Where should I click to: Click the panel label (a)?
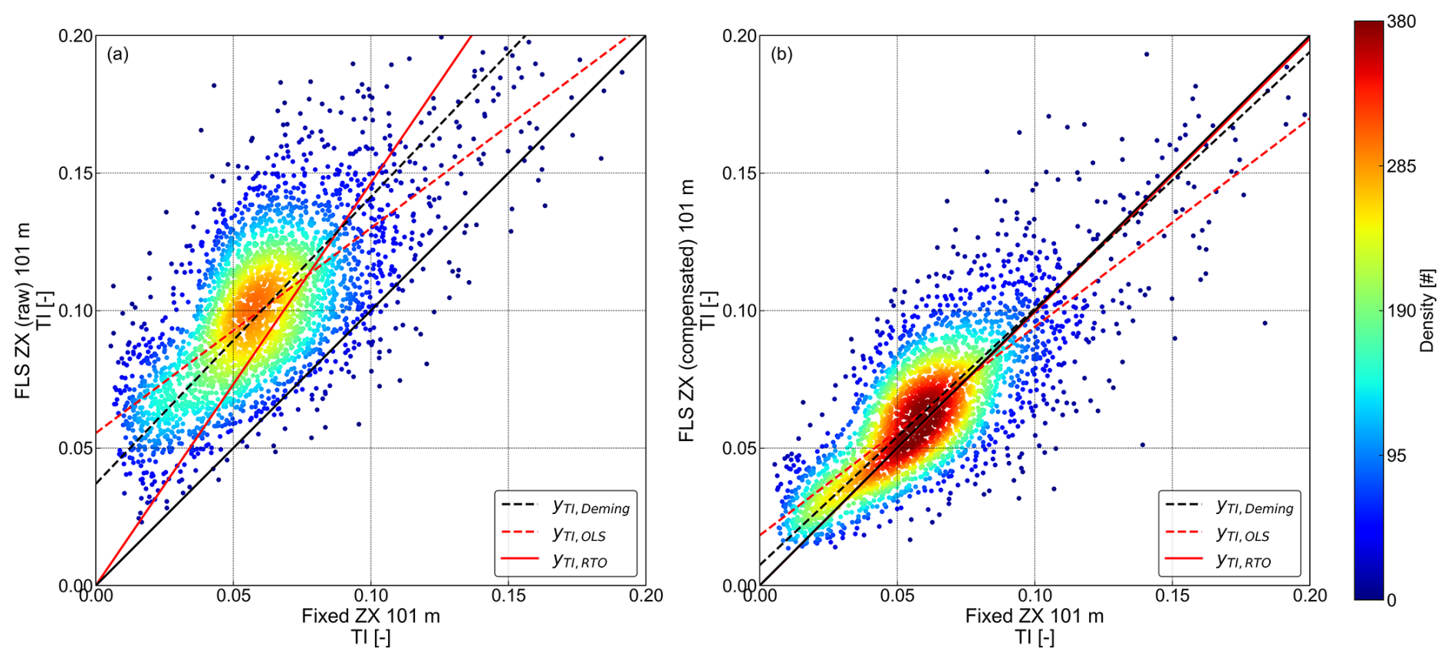click(117, 54)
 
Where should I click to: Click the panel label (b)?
click(781, 54)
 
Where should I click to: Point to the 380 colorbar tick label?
click(1401, 22)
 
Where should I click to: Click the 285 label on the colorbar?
click(1401, 166)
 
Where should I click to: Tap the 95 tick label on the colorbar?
click(1397, 456)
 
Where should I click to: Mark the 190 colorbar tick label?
click(1401, 311)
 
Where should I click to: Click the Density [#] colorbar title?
click(1426, 311)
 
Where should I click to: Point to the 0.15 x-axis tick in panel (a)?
click(508, 596)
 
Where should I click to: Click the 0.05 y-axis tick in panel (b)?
click(739, 448)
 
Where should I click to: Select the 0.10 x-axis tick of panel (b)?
click(1035, 596)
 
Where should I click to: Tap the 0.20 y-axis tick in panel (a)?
click(76, 36)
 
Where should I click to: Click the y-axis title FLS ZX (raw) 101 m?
click(23, 311)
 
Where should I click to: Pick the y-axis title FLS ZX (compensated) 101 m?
click(686, 311)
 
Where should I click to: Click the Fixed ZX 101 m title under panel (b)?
click(1035, 616)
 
